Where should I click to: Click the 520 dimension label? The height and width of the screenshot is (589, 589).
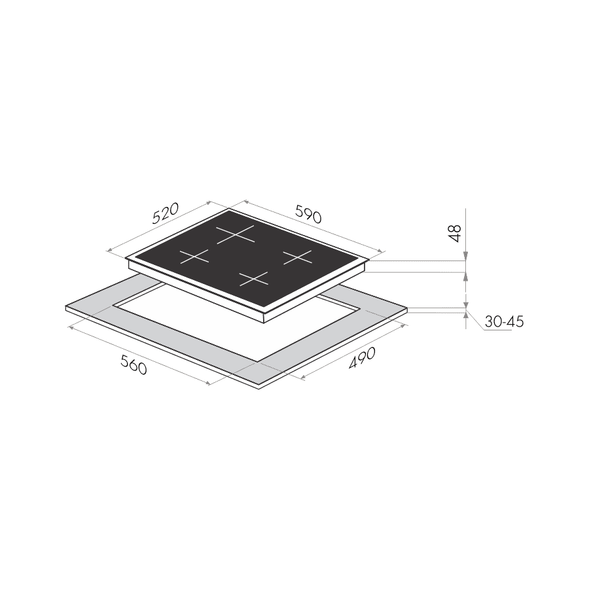[x=166, y=213]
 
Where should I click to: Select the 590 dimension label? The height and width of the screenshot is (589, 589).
[x=308, y=214]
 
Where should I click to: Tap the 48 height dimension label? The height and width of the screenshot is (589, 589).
[x=455, y=233]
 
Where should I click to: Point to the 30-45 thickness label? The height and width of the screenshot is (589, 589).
[x=504, y=322]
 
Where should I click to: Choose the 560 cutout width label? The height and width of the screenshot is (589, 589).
[x=134, y=365]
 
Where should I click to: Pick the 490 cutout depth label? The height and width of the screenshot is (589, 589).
[x=362, y=357]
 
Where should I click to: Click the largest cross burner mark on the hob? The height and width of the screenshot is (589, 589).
[x=236, y=235]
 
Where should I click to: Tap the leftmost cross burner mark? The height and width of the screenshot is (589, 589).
[x=194, y=257]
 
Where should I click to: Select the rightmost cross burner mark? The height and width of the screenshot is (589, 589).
[x=298, y=257]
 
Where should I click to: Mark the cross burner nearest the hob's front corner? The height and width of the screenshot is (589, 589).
[x=254, y=279]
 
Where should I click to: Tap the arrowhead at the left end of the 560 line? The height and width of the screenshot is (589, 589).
[x=70, y=328]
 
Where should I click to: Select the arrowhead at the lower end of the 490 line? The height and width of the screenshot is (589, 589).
[x=304, y=377]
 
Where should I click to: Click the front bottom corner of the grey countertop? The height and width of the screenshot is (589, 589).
[x=259, y=389]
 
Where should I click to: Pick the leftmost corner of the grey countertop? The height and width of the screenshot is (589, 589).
[x=65, y=306]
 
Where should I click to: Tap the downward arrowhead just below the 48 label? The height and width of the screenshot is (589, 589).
[x=466, y=256]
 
